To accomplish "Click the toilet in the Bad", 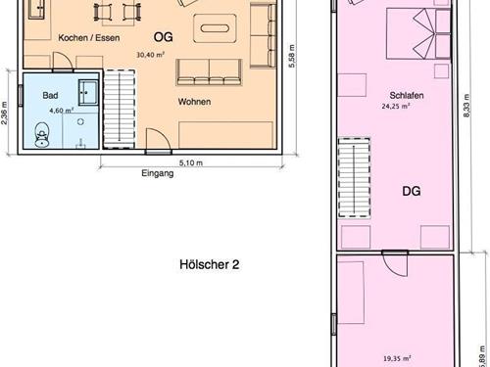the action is [x=42, y=134].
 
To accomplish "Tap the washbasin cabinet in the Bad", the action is [x=88, y=93].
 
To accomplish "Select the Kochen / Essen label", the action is [x=89, y=38].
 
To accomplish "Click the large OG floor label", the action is [x=163, y=37].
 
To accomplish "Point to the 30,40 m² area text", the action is [x=150, y=55].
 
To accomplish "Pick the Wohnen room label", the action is [x=194, y=102].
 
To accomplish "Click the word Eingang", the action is [x=158, y=173].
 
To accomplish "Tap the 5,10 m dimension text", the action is [x=191, y=162].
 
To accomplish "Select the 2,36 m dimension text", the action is [x=4, y=114].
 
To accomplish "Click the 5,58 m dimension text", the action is [x=291, y=56].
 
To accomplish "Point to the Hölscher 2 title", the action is [x=210, y=264].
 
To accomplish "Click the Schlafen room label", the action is [x=407, y=96].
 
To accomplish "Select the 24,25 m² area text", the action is [x=396, y=106].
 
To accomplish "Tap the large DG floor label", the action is [x=412, y=191].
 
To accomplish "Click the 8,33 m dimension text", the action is [x=466, y=106].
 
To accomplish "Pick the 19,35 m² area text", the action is [x=397, y=358].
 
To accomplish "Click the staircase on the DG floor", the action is [x=355, y=178].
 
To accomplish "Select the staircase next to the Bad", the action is [x=120, y=110].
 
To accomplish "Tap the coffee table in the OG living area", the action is [x=215, y=28].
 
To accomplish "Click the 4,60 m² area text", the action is [x=62, y=111].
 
